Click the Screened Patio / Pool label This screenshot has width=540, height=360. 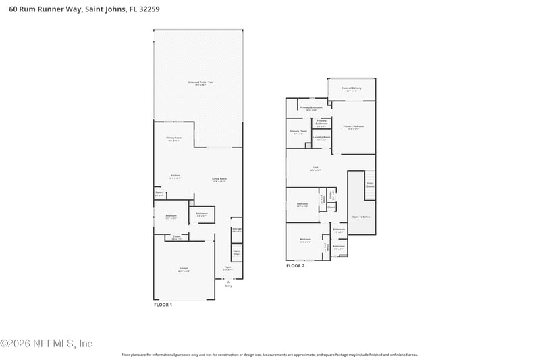point(200,82)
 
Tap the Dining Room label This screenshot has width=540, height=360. point(174,138)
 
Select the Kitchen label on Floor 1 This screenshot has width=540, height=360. point(175,176)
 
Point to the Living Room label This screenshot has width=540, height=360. point(219,180)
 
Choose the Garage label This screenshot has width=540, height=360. point(184,269)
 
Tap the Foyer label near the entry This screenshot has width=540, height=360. point(228,267)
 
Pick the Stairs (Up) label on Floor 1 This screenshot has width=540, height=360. point(236,253)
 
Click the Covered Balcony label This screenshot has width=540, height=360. point(351,89)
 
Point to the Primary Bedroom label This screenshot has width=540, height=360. point(353,126)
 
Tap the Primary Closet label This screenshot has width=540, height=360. point(298,132)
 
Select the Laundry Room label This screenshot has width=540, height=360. point(322,138)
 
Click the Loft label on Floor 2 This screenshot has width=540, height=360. point(315,168)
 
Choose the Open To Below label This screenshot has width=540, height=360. point(360,217)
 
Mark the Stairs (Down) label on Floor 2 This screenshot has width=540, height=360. point(370,184)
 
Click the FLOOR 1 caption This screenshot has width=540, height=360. point(163,305)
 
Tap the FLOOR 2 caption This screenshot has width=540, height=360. point(295,266)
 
